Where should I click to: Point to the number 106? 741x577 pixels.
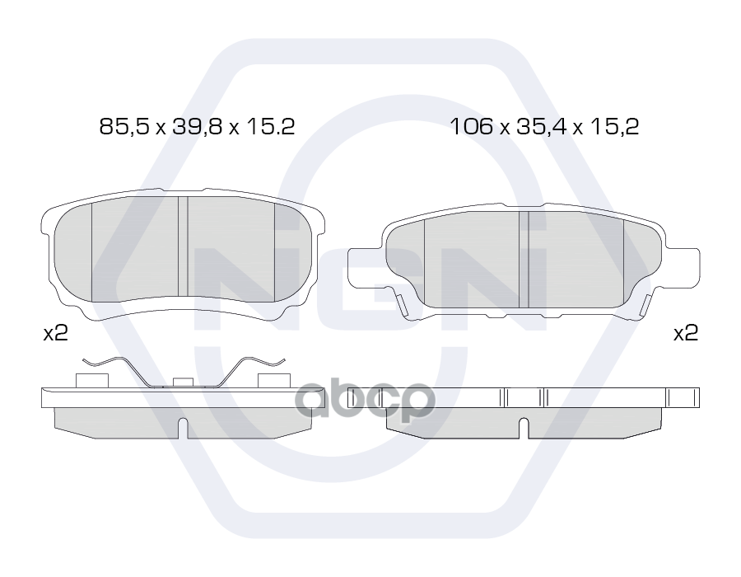pos(470,126)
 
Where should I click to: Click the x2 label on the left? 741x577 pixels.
pos(55,333)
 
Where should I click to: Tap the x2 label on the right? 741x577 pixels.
pos(685,333)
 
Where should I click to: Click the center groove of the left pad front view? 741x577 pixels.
pos(183,247)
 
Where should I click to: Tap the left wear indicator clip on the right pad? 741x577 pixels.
pos(403,307)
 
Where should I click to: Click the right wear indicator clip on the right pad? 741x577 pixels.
pos(643,307)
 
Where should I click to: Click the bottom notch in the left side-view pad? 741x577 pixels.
pos(183,429)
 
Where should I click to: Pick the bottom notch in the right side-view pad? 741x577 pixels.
pos(524,429)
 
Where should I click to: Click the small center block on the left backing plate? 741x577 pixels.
pos(183,382)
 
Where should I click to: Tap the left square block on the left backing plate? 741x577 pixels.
pos(91,380)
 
